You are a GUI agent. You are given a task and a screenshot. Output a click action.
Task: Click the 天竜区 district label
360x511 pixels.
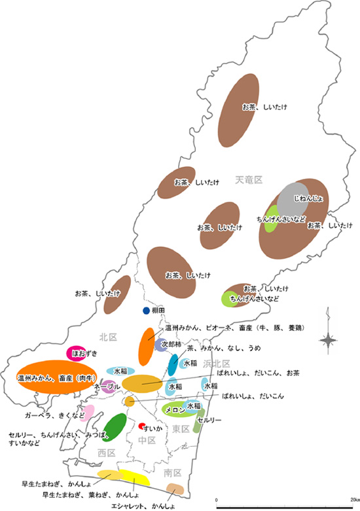click(x=249, y=179)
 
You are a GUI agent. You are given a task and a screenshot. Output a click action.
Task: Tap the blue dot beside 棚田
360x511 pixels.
click(x=146, y=310)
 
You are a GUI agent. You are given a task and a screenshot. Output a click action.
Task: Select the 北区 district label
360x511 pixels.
click(x=107, y=337)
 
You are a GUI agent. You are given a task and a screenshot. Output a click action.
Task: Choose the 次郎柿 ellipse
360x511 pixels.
click(x=162, y=344)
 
